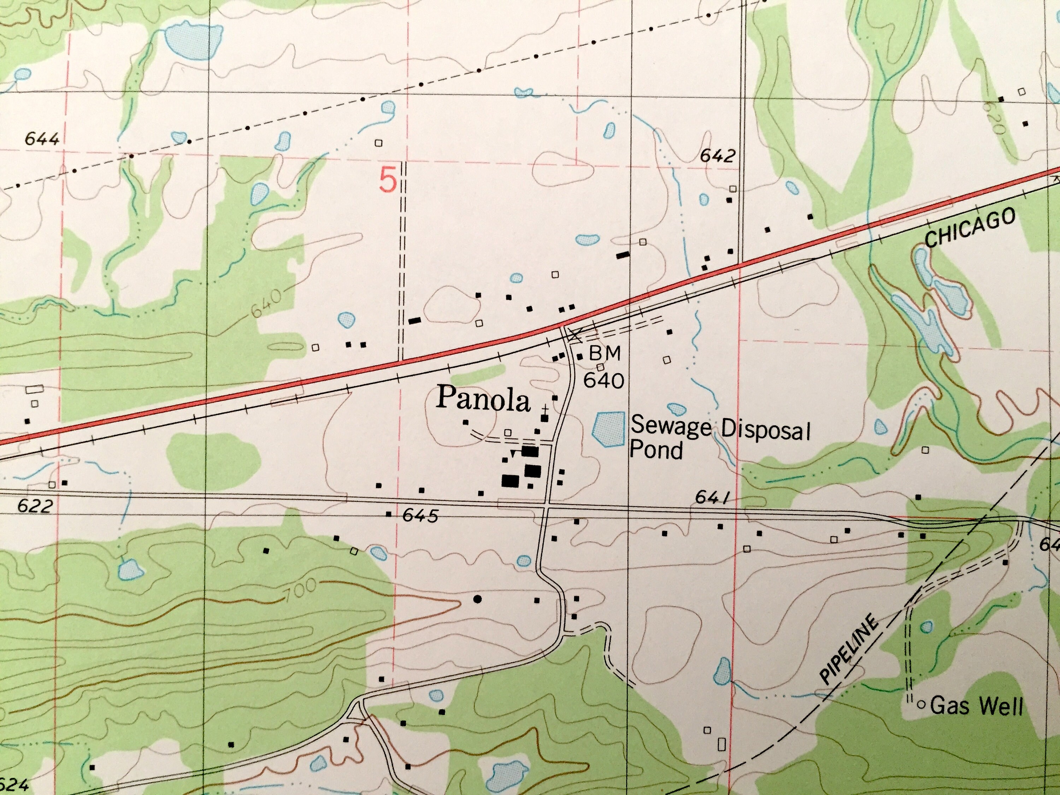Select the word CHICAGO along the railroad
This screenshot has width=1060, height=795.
(x=970, y=228)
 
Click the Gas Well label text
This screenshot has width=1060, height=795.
(x=976, y=706)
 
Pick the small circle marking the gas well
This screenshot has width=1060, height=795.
(x=920, y=705)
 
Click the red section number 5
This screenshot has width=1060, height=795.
(x=388, y=181)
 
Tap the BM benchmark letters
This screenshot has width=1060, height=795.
(x=605, y=353)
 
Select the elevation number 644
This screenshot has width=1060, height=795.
(x=42, y=139)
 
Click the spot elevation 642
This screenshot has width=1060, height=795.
(x=717, y=156)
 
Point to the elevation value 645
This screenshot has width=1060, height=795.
(x=420, y=516)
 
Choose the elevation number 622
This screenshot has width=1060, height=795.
(x=35, y=506)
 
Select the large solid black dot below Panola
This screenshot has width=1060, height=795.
(x=477, y=599)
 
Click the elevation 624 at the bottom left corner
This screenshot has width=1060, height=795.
(x=14, y=784)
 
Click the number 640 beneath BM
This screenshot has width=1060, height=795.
(x=603, y=381)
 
